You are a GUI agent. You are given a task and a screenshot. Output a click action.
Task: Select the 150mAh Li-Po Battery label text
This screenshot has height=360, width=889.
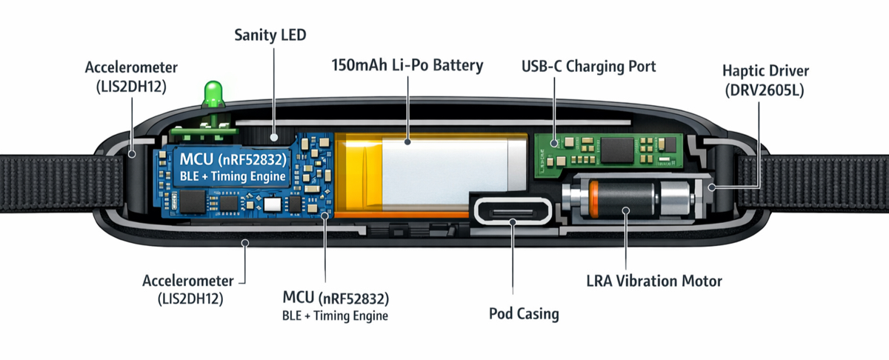[x=407, y=65]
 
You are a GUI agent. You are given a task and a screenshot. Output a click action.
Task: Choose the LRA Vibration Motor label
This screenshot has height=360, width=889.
[x=653, y=281]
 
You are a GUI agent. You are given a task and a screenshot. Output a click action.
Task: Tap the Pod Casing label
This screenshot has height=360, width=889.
[x=524, y=313]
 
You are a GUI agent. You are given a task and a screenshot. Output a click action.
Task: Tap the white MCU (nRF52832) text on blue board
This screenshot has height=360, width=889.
[x=227, y=159]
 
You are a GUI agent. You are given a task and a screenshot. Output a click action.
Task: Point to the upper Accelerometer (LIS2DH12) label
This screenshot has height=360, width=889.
[x=125, y=78]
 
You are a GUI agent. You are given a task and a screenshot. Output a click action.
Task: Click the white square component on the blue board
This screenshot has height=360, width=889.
[x=273, y=202]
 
